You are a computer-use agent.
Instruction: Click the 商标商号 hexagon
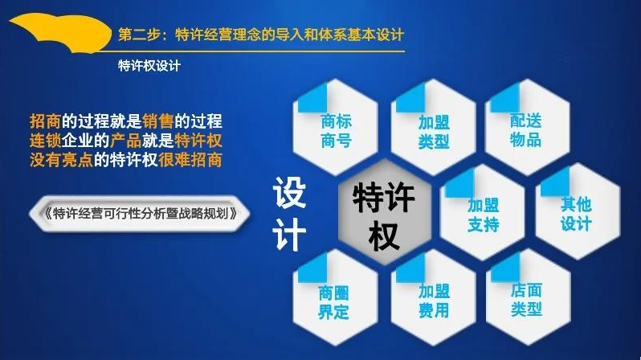click(335, 128)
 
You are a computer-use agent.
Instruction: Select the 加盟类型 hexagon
click(433, 128)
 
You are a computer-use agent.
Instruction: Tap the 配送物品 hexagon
click(528, 128)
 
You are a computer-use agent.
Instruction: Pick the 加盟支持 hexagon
click(483, 213)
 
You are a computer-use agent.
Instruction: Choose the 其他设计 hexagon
click(578, 212)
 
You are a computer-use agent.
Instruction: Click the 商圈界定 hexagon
click(335, 298)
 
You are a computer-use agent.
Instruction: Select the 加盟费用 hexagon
click(433, 298)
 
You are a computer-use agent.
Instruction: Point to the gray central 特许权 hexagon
click(384, 213)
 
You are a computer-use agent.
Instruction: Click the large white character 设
click(289, 192)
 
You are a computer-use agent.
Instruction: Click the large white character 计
click(289, 234)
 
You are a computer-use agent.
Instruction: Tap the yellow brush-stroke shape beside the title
click(61, 32)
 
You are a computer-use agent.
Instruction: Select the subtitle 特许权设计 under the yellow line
click(149, 66)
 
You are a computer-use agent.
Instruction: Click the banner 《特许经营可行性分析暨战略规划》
click(139, 214)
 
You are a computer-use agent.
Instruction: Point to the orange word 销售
click(158, 121)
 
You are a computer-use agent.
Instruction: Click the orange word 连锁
click(45, 141)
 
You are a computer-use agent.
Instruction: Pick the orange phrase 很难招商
click(190, 160)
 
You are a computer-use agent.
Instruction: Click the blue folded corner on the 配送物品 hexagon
click(505, 98)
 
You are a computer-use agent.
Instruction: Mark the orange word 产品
click(126, 141)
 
